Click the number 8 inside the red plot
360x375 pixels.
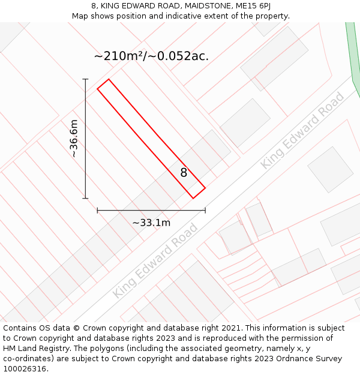pyautogui.click(x=184, y=173)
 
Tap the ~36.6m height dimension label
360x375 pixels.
pyautogui.click(x=74, y=139)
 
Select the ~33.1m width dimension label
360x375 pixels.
pyautogui.click(x=151, y=223)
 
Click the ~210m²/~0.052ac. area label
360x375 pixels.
pyautogui.click(x=151, y=56)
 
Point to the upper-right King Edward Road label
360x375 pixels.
pyautogui.click(x=302, y=130)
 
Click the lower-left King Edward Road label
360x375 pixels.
pyautogui.click(x=155, y=260)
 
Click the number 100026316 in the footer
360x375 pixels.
pyautogui.click(x=24, y=369)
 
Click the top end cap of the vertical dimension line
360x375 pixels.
pyautogui.click(x=85, y=79)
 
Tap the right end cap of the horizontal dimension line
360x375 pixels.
pyautogui.click(x=205, y=211)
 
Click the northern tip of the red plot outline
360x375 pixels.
pyautogui.click(x=108, y=79)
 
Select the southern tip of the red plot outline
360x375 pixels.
pyautogui.click(x=193, y=198)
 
